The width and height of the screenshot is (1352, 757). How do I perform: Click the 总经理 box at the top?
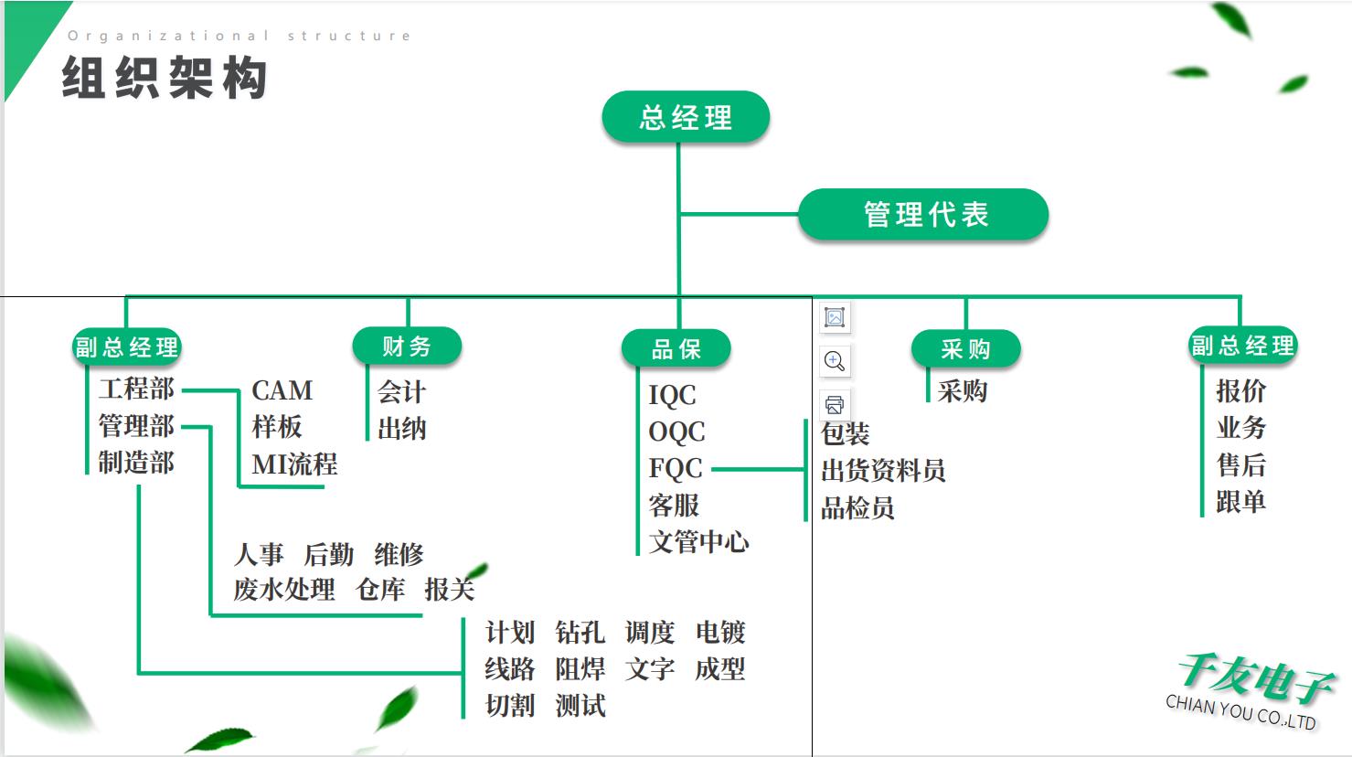pos(686,117)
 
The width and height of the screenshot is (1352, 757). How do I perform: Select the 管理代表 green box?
pos(924,215)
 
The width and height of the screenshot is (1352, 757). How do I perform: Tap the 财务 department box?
pos(407,347)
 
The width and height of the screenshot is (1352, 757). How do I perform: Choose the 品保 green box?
pos(676,348)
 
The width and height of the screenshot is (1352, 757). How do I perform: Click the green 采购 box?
pos(965,348)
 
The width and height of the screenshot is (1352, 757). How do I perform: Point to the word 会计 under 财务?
pos(401,392)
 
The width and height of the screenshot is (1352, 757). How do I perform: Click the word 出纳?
pos(401,429)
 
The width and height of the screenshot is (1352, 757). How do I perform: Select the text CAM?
pos(282,390)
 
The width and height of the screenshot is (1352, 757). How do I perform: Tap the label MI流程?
pos(294,464)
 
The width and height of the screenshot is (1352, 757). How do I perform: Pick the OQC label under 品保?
pos(676,432)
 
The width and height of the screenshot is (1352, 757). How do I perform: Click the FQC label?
pos(676,468)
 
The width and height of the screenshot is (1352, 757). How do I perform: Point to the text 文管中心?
pos(698,542)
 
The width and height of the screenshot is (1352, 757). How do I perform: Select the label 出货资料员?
pos(883,471)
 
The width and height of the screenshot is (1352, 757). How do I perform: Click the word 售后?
pos(1240,465)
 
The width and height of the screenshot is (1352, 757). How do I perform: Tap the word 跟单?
pos(1240,502)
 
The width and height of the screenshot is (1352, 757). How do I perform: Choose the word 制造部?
pos(136,463)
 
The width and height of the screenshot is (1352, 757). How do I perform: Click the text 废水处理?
pos(284,590)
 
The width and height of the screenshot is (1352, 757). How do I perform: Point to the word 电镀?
pos(720,633)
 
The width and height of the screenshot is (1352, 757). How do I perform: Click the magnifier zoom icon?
pos(835,361)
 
